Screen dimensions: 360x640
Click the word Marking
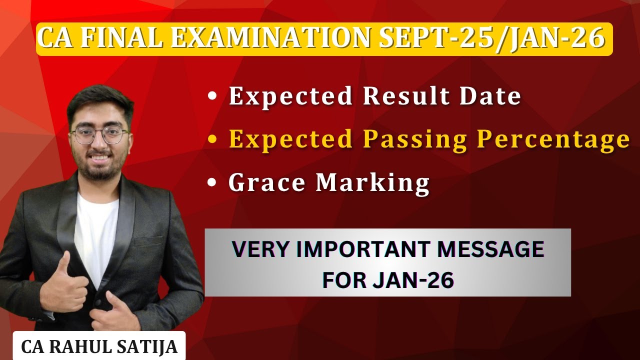coord(372,183)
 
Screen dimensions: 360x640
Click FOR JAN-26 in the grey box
coord(388,280)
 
